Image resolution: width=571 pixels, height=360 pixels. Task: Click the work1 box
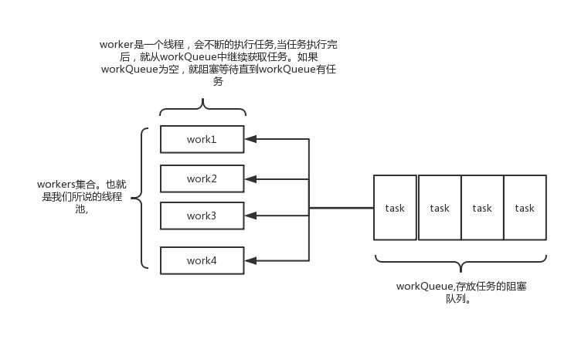[202, 139]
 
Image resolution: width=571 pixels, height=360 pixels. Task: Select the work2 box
[202, 178]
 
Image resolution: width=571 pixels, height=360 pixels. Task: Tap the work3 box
[202, 216]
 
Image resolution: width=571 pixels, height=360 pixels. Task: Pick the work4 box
[202, 260]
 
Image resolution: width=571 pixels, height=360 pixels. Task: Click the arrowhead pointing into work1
[250, 139]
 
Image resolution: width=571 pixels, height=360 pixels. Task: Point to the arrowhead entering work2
[250, 178]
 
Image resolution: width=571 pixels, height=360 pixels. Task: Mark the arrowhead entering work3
[250, 216]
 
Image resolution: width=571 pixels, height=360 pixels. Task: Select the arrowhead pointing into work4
[250, 260]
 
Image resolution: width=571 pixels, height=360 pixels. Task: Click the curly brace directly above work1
[202, 107]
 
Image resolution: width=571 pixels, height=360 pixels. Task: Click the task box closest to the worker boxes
[395, 208]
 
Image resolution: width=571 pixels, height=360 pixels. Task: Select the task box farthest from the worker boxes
[525, 208]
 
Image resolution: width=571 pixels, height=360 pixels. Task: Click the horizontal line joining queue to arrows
[341, 208]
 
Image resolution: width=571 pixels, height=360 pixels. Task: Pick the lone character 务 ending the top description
[218, 81]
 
